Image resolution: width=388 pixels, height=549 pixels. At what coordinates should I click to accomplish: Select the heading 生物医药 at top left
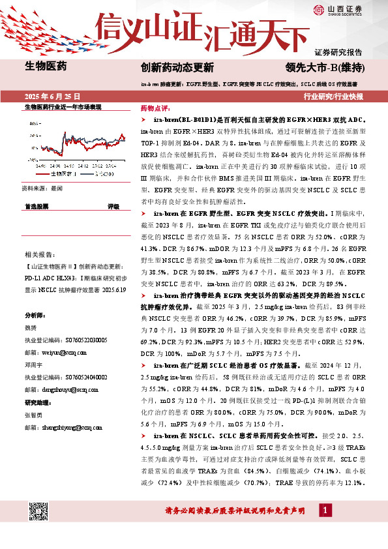click(x=46, y=65)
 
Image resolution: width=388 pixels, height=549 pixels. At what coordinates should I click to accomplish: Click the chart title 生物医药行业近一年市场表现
click(x=63, y=107)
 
